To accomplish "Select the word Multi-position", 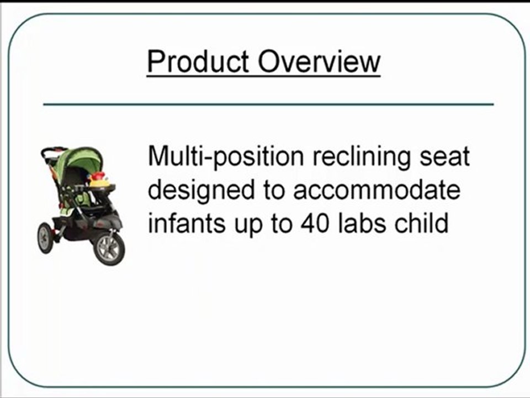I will pyautogui.click(x=226, y=157).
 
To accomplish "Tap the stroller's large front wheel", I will pyautogui.click(x=109, y=248).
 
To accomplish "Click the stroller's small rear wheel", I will pyautogui.click(x=45, y=237).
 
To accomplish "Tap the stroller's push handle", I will pyautogui.click(x=53, y=151).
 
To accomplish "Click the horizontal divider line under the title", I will pyautogui.click(x=268, y=104).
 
